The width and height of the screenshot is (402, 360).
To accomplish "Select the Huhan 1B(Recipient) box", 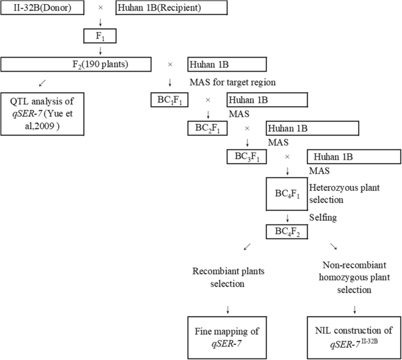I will pos(171,9).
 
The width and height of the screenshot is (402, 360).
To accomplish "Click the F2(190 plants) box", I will pos(76,65).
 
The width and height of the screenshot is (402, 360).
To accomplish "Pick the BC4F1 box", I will pos(287,194).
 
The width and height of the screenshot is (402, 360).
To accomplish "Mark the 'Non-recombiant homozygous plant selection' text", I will pos(354,278).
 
